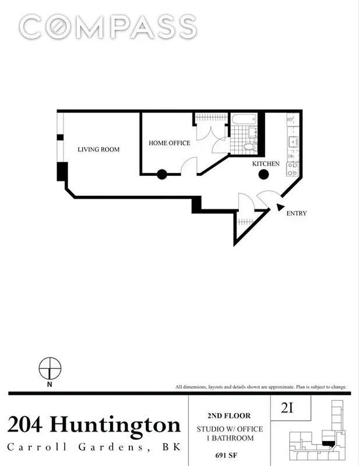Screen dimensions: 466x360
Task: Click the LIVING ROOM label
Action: pos(98,150)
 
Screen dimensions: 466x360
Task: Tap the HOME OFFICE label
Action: pos(169,143)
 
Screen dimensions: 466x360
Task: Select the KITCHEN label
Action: pos(266,164)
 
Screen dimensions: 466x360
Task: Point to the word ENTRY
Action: pos(296,214)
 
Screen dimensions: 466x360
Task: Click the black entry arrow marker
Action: pos(280,207)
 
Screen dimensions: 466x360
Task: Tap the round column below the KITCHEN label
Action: pos(263,174)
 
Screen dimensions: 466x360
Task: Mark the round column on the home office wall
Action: pos(161,174)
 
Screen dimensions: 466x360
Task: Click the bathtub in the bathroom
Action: pos(244,120)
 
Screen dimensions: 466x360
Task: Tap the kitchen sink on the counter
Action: pos(292,141)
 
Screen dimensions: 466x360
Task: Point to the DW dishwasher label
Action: pos(291,156)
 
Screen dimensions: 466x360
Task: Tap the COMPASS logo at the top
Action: pos(107,27)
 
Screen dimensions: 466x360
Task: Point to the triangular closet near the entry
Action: pos(246,224)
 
